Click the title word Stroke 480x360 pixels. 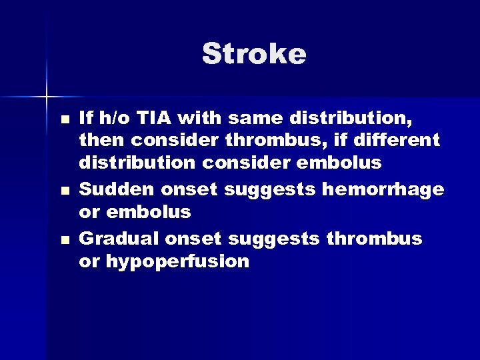click(254, 54)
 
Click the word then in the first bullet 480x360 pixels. click(101, 141)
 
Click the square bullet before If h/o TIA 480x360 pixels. click(63, 121)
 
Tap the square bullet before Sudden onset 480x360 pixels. click(63, 192)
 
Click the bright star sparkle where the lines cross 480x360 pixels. click(47, 97)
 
